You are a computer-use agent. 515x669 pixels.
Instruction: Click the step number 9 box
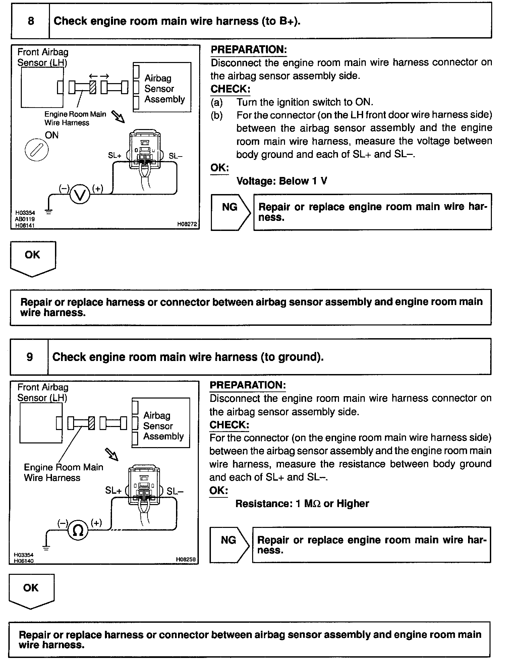[x=30, y=357]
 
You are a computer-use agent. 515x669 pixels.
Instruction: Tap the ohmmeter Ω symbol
[x=78, y=530]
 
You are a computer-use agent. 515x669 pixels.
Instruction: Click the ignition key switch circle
[x=37, y=149]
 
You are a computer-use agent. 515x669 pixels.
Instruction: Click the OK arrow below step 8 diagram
[x=33, y=258]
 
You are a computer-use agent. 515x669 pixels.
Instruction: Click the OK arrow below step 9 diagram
[x=32, y=591]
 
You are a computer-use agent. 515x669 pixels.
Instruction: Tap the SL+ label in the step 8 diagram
[x=115, y=156]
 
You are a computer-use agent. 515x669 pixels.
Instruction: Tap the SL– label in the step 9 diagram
[x=175, y=491]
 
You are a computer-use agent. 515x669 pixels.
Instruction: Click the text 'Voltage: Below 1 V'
[x=282, y=181]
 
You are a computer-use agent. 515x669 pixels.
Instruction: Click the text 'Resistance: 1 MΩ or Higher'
[x=302, y=503]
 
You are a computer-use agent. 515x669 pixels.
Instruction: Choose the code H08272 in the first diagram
[x=187, y=224]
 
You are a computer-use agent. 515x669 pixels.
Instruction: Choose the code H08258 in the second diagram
[x=186, y=559]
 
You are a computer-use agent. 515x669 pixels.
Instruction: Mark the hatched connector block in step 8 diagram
[x=93, y=88]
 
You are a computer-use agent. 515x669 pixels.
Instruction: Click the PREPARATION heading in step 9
[x=247, y=385]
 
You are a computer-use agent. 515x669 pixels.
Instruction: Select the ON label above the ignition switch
[x=52, y=135]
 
